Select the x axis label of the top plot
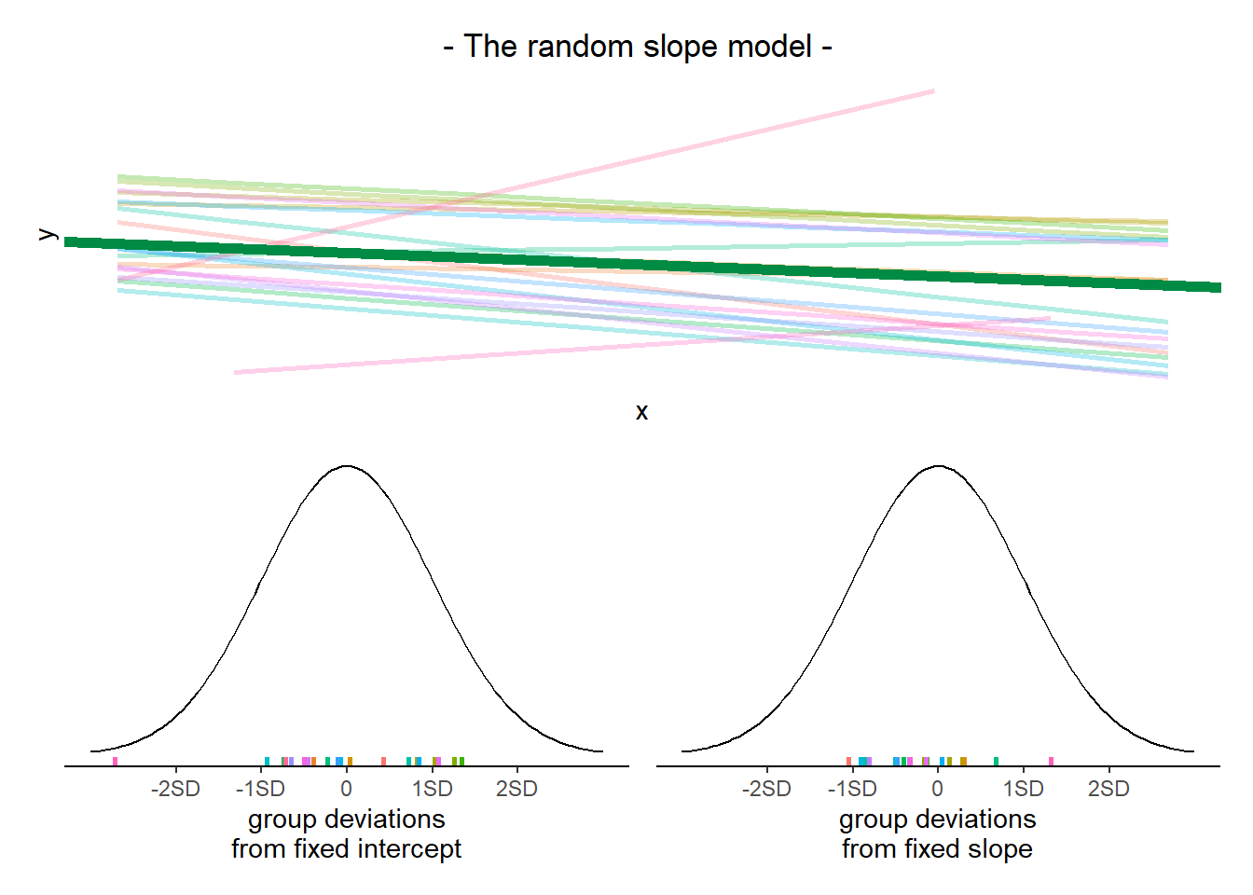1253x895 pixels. pyautogui.click(x=641, y=412)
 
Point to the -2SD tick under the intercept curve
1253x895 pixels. pyautogui.click(x=175, y=789)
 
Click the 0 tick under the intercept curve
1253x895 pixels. pyautogui.click(x=347, y=789)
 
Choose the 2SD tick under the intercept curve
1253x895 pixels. pyautogui.click(x=516, y=789)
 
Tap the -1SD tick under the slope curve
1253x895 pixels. pyautogui.click(x=852, y=789)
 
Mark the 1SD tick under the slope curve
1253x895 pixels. pyautogui.click(x=1023, y=789)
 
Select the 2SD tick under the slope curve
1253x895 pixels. pyautogui.click(x=1108, y=789)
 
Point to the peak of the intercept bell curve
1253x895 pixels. pyautogui.click(x=347, y=466)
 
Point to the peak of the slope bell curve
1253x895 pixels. pyautogui.click(x=938, y=466)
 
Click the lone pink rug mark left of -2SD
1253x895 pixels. pyautogui.click(x=116, y=762)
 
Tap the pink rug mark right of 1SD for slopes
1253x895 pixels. pyautogui.click(x=1052, y=762)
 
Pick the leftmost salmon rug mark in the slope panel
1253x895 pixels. pyautogui.click(x=848, y=762)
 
